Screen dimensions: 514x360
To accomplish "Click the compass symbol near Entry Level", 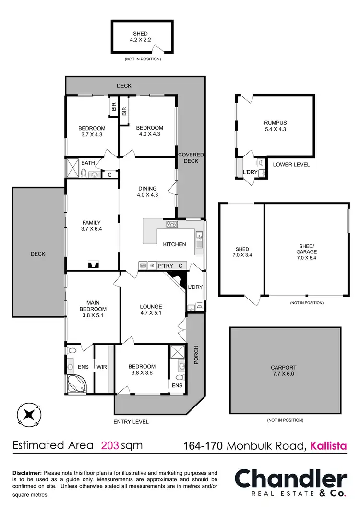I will tap(29, 414).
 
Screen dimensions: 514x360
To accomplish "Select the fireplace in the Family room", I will tap(92, 264).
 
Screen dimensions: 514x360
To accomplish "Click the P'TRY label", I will tap(165, 265).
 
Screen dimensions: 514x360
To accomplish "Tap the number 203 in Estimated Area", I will tap(109, 445).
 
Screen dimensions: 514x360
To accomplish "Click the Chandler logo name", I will tap(290, 479).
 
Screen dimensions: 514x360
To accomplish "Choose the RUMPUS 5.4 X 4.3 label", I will tap(275, 125).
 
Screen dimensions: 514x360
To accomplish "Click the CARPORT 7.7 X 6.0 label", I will tap(285, 371).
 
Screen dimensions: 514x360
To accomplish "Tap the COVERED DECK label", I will tap(191, 158).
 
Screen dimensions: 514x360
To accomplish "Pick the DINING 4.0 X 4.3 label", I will tap(147, 191).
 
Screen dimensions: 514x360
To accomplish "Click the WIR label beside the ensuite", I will tap(101, 367).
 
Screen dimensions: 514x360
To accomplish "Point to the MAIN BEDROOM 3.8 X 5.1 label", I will tap(93, 306).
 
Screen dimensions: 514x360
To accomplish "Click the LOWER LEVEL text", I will tap(291, 165).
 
